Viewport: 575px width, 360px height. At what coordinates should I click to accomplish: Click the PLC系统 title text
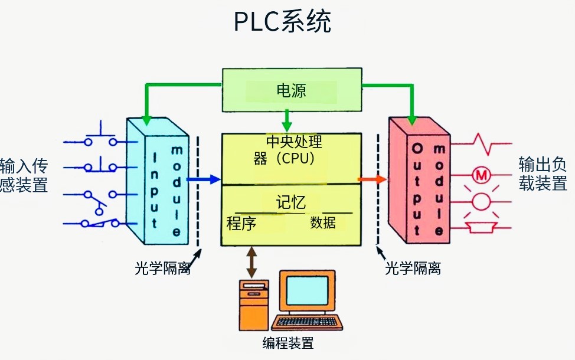(282, 22)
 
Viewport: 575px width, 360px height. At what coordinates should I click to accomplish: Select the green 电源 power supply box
(291, 90)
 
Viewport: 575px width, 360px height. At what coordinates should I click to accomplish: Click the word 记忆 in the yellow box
(291, 202)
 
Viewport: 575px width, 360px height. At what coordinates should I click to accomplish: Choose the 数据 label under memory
(323, 222)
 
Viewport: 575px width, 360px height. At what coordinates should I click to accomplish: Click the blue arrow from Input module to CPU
(203, 179)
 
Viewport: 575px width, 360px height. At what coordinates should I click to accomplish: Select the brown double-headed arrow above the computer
(252, 262)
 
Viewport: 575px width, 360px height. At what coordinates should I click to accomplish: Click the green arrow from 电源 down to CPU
(287, 121)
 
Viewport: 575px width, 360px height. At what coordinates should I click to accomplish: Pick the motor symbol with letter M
(481, 175)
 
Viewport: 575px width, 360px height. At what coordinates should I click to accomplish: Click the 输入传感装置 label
(24, 175)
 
